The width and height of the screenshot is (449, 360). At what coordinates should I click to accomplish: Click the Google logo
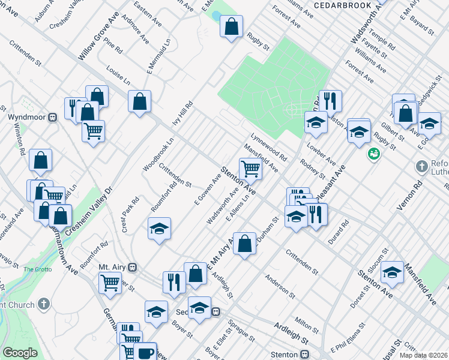[x=20, y=353]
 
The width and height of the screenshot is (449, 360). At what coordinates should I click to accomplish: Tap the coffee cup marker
[x=144, y=351]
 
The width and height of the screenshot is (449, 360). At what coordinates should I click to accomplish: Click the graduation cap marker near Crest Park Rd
[x=158, y=229]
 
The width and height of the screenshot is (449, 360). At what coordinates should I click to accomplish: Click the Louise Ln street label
[x=118, y=75]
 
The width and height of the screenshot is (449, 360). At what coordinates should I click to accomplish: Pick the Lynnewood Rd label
[x=268, y=146]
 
